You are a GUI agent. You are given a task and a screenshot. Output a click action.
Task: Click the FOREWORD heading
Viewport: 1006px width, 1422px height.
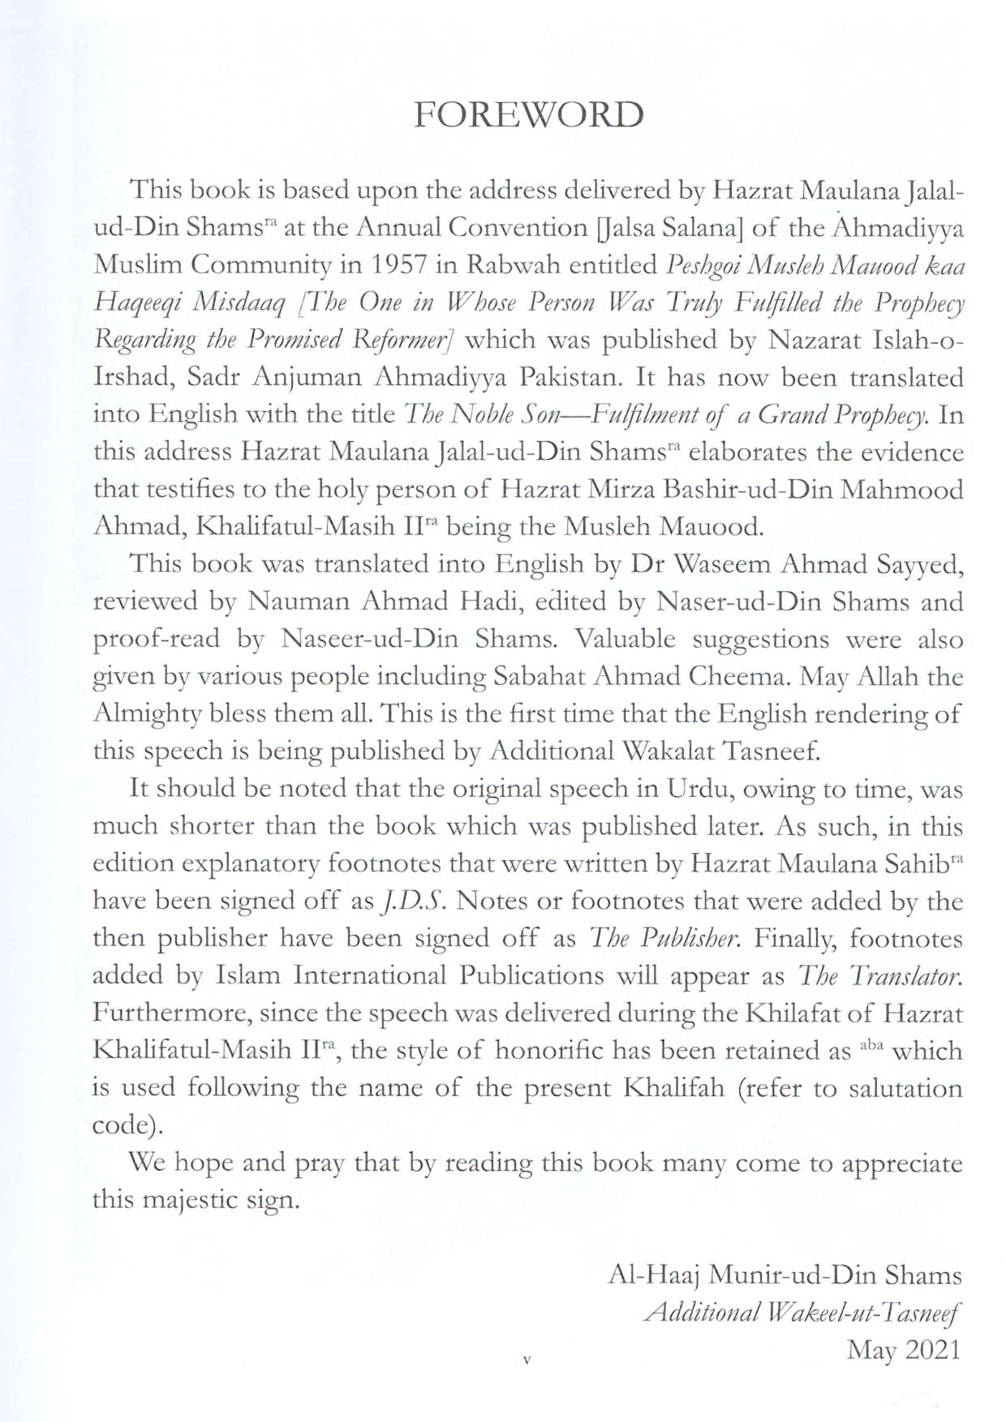(528, 115)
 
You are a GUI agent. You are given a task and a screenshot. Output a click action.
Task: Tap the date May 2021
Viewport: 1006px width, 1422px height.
(903, 1350)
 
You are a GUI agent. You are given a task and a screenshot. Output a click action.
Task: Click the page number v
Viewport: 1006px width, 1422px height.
(527, 1360)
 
